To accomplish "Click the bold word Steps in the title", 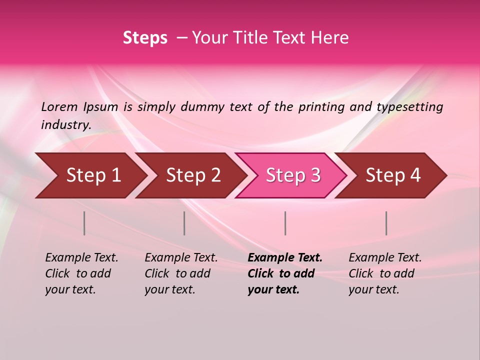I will point(145,38).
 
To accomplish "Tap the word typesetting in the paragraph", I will point(409,106).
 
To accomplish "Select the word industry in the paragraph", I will point(65,124).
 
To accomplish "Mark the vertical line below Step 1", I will point(84,223).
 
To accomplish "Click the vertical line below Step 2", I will point(184,223).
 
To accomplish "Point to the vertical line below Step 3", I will point(285,223).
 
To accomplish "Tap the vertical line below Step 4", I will point(386,223).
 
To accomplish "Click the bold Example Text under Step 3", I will point(285,258).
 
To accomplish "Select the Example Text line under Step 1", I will point(81,258).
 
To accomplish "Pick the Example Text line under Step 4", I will point(385,258).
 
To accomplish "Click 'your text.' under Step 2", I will point(169,289).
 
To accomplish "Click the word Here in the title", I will point(331,38).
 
